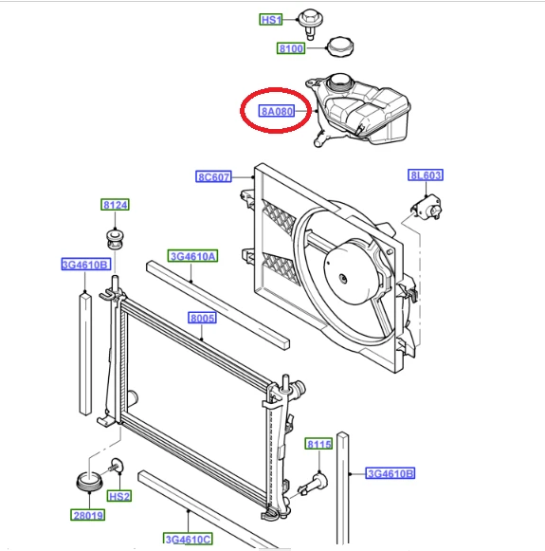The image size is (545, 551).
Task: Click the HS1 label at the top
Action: click(x=271, y=20)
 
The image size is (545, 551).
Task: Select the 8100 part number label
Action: click(x=291, y=48)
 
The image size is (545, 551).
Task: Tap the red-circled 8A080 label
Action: click(x=277, y=111)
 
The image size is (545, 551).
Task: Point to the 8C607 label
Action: click(x=213, y=176)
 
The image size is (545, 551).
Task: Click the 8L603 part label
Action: click(x=426, y=175)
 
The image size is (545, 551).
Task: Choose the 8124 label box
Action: click(x=116, y=205)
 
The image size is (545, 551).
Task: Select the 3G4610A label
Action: click(x=192, y=256)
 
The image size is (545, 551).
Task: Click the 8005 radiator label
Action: click(x=202, y=318)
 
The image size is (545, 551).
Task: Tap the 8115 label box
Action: click(x=318, y=444)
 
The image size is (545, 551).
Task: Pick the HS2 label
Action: click(x=119, y=496)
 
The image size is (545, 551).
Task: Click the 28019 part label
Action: click(x=88, y=515)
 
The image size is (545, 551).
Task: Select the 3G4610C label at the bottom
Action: click(x=189, y=539)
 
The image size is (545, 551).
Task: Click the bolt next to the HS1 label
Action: click(x=311, y=24)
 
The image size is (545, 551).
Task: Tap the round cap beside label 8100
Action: click(x=340, y=46)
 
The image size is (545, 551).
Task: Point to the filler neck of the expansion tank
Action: click(x=339, y=83)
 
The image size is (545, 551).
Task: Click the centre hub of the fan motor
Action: click(x=343, y=279)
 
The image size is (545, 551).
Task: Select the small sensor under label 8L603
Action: click(x=427, y=209)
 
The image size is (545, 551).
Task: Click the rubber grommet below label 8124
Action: click(x=115, y=239)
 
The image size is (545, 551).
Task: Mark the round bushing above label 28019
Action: click(x=89, y=482)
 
